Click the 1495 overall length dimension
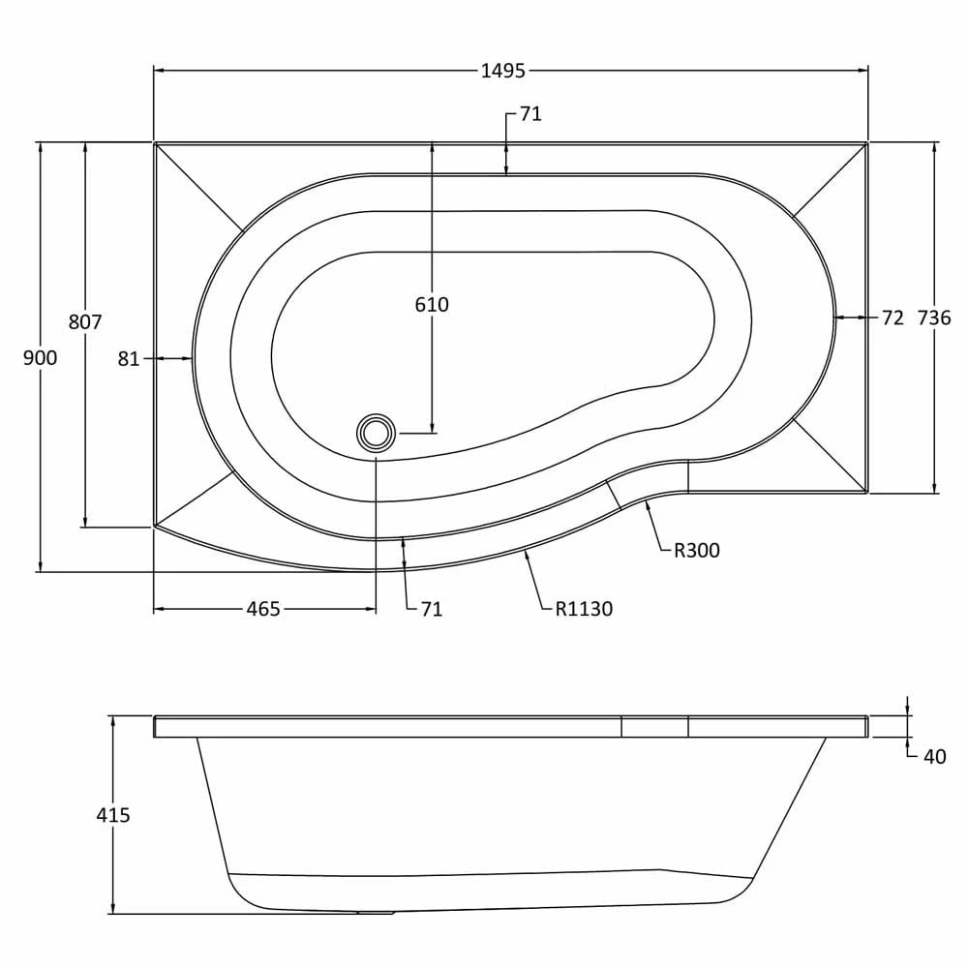[x=502, y=71]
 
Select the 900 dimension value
[x=41, y=358]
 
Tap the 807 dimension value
[x=85, y=322]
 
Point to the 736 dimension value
[x=934, y=318]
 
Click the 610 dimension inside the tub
[x=432, y=305]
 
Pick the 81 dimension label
[x=129, y=359]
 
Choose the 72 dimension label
[x=892, y=318]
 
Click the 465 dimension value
[x=263, y=609]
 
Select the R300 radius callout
[x=697, y=551]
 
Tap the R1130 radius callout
[x=584, y=609]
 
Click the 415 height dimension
[x=113, y=815]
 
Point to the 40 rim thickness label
[x=934, y=757]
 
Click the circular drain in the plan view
[x=375, y=432]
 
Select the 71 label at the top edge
[x=530, y=114]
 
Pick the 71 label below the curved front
[x=431, y=609]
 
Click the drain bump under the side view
[x=375, y=912]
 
